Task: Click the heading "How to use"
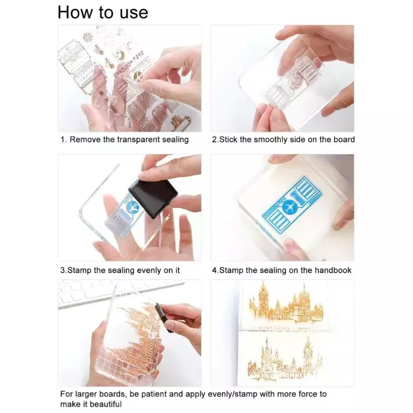103,13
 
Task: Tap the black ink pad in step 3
153,198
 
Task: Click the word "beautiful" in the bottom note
104,404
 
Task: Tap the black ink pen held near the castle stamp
163,318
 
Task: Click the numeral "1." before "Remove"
63,139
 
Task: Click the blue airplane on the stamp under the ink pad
132,207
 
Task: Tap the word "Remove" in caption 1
85,139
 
